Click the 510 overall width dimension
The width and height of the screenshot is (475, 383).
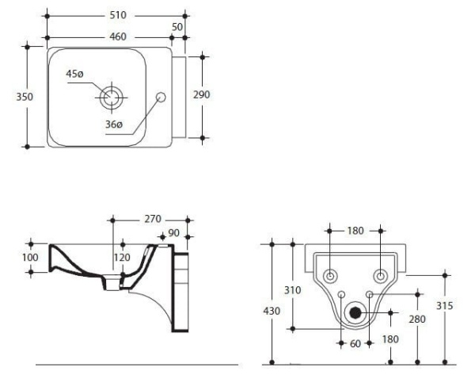[117, 15]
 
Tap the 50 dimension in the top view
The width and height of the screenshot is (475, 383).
[177, 27]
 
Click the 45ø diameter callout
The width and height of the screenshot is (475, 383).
[75, 74]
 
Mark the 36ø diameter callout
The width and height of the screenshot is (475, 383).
[114, 124]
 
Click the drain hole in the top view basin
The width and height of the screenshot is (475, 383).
[111, 97]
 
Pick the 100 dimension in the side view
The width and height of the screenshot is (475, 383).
[14, 258]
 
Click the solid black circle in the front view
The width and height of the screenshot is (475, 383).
[355, 312]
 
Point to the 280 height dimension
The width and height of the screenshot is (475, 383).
[416, 320]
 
